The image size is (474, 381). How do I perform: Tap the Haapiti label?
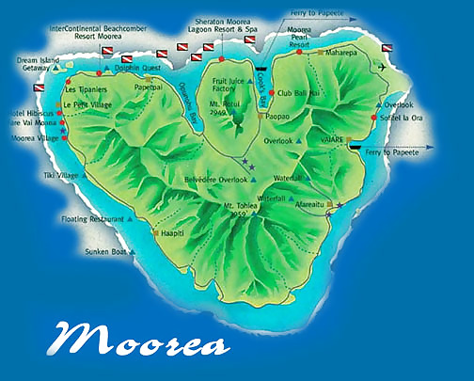176,233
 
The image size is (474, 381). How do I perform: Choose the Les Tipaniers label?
87,91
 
